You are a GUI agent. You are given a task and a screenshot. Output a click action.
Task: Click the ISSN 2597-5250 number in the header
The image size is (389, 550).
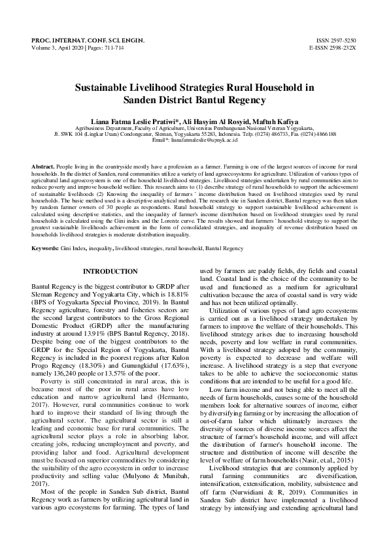coord(333,40)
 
